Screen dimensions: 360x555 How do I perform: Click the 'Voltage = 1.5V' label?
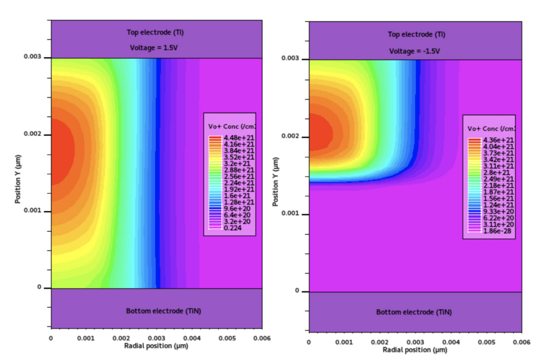(154, 48)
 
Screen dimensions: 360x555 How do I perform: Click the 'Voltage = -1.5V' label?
(414, 51)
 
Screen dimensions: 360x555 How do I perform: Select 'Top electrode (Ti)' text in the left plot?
(155, 32)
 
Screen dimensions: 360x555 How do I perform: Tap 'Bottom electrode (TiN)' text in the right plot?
(414, 312)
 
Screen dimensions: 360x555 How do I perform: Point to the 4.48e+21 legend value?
(239, 138)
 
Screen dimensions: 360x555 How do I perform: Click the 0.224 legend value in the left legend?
(232, 228)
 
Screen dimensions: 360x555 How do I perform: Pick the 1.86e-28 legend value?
(497, 231)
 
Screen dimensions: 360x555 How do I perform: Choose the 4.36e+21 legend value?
(498, 140)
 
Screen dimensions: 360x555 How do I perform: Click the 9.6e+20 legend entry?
(237, 209)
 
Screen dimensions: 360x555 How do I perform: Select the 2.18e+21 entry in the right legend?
(498, 185)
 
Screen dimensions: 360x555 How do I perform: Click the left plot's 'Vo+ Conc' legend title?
(231, 127)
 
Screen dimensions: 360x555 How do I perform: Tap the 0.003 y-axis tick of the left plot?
(33, 57)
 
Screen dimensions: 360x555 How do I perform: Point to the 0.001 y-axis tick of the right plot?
(290, 213)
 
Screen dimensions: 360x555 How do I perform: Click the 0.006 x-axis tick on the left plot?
(262, 338)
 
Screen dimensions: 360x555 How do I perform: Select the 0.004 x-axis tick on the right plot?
(451, 342)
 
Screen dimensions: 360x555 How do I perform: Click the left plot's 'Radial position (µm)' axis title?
(156, 346)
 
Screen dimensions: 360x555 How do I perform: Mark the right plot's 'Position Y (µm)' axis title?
(275, 182)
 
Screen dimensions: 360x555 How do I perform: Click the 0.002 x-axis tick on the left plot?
(121, 338)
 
